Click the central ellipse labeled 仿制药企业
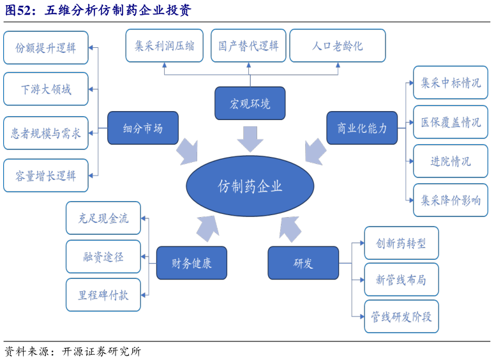[x=250, y=186]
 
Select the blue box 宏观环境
[x=250, y=103]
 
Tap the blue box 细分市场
[x=142, y=128]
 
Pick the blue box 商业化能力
[x=361, y=128]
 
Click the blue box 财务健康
[x=191, y=262]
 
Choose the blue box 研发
[x=303, y=262]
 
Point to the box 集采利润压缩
[x=164, y=46]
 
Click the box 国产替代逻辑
[x=248, y=46]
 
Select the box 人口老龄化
[x=337, y=46]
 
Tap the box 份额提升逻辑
[x=45, y=48]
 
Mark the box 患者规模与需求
[x=45, y=133]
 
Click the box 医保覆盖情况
[x=451, y=122]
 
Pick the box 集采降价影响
[x=451, y=200]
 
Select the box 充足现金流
[x=103, y=218]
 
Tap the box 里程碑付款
[x=103, y=295]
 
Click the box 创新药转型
[x=401, y=243]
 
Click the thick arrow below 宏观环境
[x=250, y=139]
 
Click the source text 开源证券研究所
[x=101, y=352]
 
